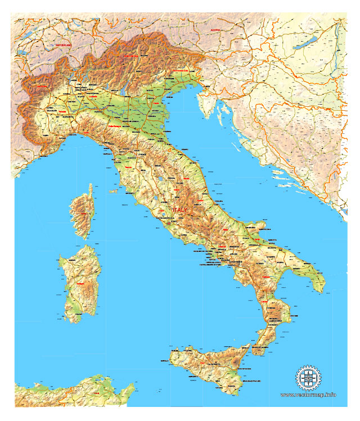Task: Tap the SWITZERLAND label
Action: [x=64, y=44]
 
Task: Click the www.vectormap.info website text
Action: [x=308, y=395]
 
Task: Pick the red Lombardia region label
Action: [x=93, y=96]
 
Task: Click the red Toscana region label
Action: [x=130, y=168]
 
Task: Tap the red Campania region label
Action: [x=223, y=247]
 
